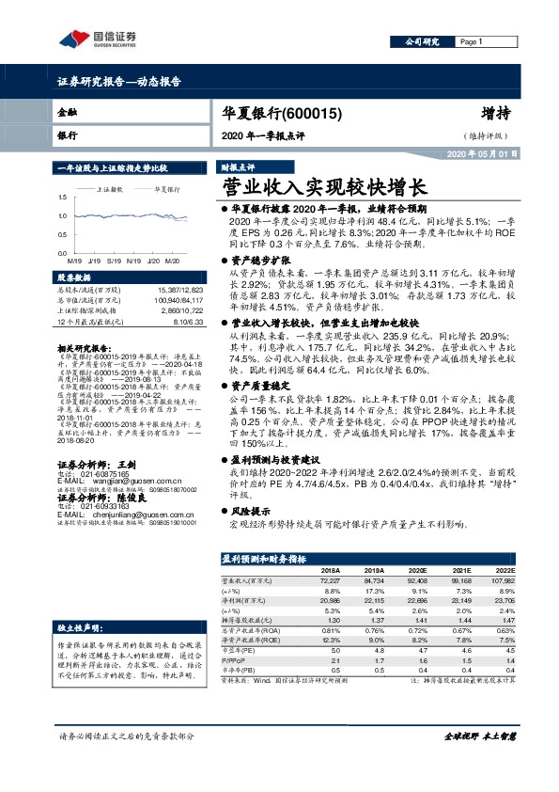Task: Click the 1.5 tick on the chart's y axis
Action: click(62, 198)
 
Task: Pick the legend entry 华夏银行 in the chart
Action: click(168, 189)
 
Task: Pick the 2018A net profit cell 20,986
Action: click(329, 598)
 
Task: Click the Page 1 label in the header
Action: click(471, 41)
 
